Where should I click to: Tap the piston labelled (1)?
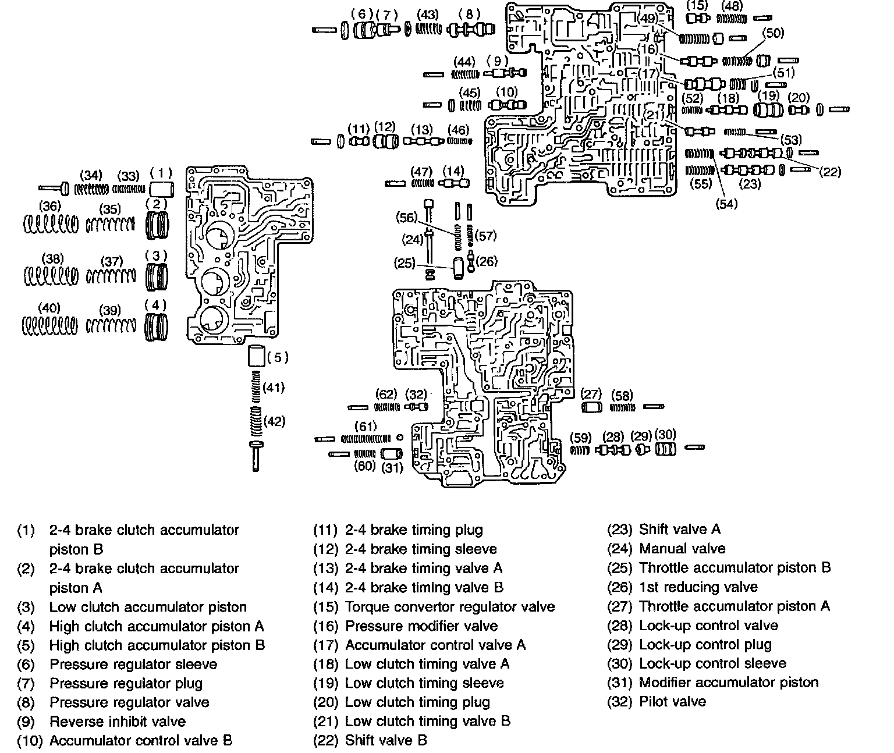(162, 190)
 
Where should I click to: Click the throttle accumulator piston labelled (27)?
(592, 407)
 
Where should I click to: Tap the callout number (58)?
(622, 396)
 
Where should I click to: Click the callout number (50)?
(774, 33)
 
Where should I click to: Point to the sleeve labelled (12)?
(385, 141)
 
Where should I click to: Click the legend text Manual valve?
(682, 549)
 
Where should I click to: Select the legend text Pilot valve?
(672, 702)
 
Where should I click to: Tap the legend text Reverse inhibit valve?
(117, 722)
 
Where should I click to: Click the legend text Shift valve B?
(386, 740)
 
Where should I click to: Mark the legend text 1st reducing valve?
(698, 587)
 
